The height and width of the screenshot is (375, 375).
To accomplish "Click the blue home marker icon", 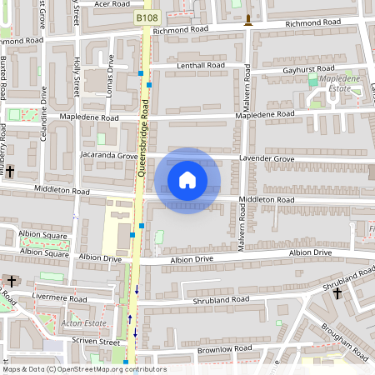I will click(x=187, y=180).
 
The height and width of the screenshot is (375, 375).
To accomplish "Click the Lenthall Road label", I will click(x=200, y=65).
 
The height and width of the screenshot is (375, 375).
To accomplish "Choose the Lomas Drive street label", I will click(x=109, y=76).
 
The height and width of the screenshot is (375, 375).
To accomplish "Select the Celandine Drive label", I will click(x=43, y=120).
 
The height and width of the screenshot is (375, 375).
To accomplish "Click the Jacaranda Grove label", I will click(x=109, y=156).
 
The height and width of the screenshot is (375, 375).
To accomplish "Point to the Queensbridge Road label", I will click(x=142, y=142).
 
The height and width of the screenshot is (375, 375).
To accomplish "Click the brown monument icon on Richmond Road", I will click(x=247, y=20).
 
